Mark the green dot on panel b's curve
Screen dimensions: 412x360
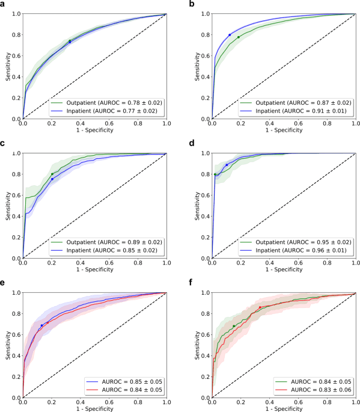click(239, 37)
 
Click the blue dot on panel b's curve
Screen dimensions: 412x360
click(230, 35)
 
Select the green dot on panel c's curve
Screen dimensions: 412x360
click(52, 174)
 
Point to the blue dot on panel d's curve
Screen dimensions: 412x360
click(227, 165)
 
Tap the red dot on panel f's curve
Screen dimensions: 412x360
click(260, 307)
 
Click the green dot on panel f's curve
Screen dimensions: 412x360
click(234, 326)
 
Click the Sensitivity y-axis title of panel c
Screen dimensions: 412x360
click(7, 206)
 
